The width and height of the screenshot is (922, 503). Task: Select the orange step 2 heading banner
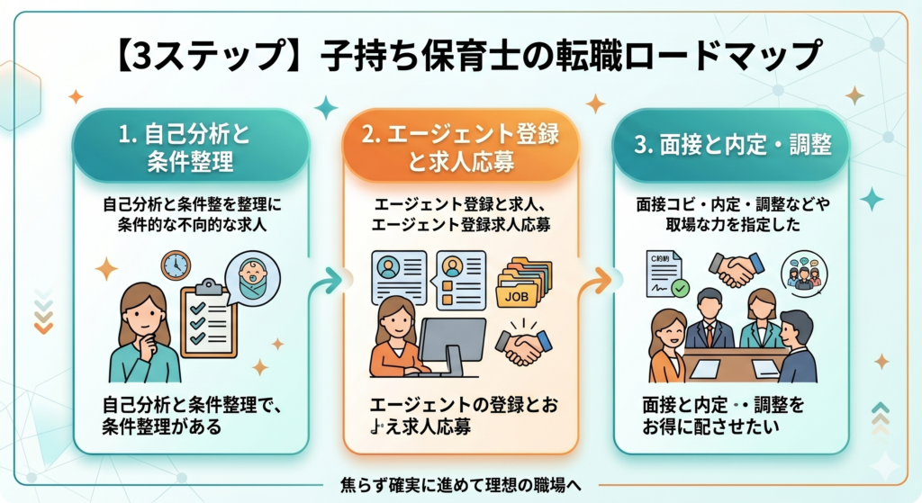click(460, 148)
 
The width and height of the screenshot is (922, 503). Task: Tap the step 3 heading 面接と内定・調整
click(730, 146)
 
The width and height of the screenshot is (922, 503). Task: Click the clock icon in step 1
click(176, 265)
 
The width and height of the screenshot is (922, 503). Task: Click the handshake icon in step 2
click(523, 345)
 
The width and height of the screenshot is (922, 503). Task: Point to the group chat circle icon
click(803, 270)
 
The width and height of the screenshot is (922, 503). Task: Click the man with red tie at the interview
click(709, 322)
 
